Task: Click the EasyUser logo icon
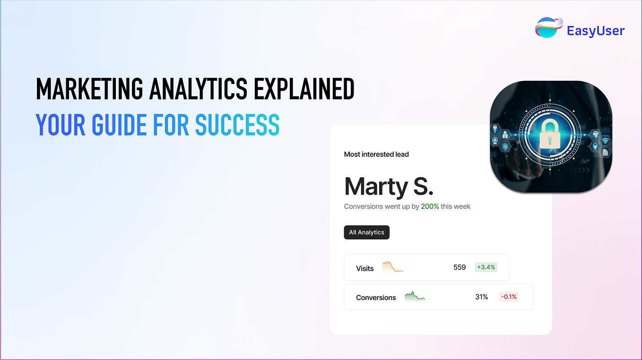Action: [x=548, y=28]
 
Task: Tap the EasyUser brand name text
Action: [x=596, y=31]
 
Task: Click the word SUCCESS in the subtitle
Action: [x=237, y=124]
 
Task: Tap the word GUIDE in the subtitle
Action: [x=119, y=124]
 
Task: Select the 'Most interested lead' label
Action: [x=376, y=154]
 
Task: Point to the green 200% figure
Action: [x=430, y=206]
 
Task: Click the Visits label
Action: [x=365, y=268]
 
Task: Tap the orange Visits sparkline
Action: [x=392, y=267]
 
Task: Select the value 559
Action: [x=460, y=267]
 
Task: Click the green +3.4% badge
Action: [x=486, y=267]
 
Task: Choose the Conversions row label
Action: [x=376, y=298]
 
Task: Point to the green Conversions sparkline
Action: [x=415, y=297]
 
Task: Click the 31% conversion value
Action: [x=481, y=297]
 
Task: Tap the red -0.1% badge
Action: [x=509, y=297]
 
